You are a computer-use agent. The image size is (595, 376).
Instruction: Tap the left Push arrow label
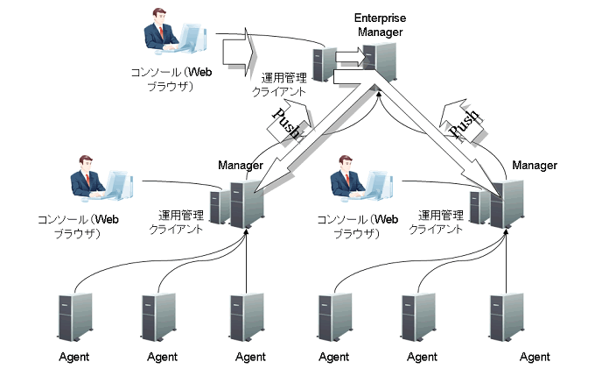click(287, 125)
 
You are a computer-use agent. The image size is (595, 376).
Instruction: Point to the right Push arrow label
click(463, 125)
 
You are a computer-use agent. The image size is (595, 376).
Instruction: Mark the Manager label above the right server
click(535, 165)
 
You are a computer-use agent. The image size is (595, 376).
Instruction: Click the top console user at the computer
click(173, 36)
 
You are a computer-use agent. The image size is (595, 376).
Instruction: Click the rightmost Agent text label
click(535, 357)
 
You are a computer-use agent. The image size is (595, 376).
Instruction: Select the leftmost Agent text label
click(74, 357)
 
